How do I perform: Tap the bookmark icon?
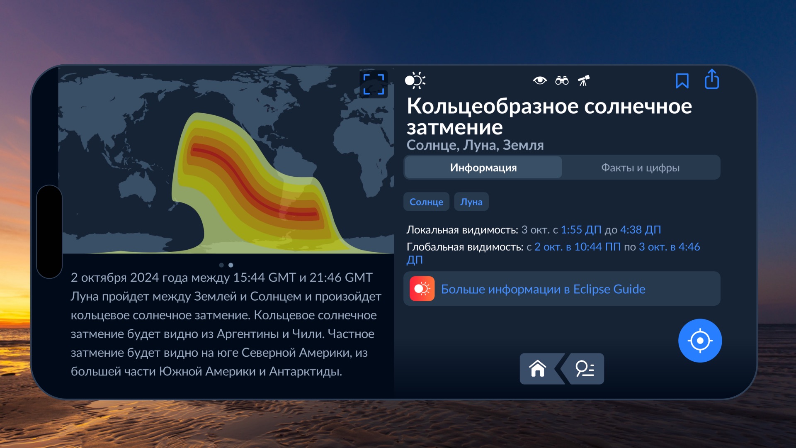pyautogui.click(x=682, y=81)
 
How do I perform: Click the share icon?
pyautogui.click(x=712, y=79)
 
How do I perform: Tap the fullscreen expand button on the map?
pyautogui.click(x=374, y=84)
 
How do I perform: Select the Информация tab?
pyautogui.click(x=483, y=168)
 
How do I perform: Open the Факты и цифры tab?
pyautogui.click(x=640, y=168)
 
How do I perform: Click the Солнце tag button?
pyautogui.click(x=426, y=202)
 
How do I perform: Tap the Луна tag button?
pyautogui.click(x=471, y=202)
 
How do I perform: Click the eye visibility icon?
pyautogui.click(x=540, y=80)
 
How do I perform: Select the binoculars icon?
pyautogui.click(x=562, y=80)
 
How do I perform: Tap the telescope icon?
pyautogui.click(x=584, y=80)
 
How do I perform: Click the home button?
pyautogui.click(x=538, y=368)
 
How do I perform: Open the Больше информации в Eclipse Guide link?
pyautogui.click(x=543, y=289)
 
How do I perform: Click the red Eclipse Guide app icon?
pyautogui.click(x=422, y=289)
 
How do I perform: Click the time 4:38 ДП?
pyautogui.click(x=641, y=230)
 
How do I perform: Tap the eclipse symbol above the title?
pyautogui.click(x=415, y=80)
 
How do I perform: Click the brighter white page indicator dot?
pyautogui.click(x=231, y=265)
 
